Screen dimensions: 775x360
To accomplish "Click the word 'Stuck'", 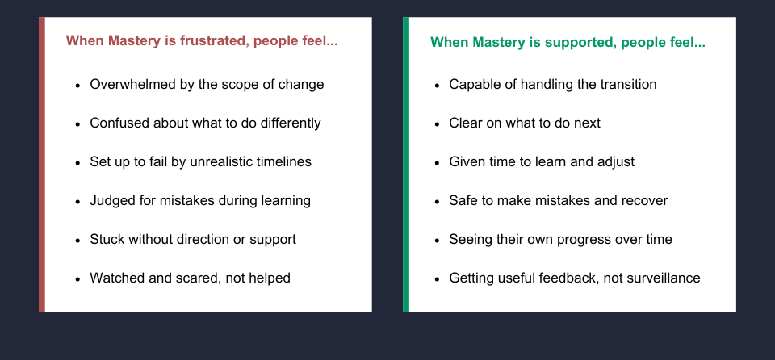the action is click(107, 239).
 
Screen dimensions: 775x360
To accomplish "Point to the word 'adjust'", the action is click(614, 161).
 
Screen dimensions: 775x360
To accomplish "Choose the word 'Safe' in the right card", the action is click(464, 200).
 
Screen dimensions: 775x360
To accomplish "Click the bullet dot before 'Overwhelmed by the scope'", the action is click(77, 85).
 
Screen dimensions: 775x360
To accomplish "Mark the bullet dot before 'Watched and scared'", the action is click(77, 278).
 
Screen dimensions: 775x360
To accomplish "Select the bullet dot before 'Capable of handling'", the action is click(437, 85).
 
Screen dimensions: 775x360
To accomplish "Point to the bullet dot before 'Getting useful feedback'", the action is click(437, 278).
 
